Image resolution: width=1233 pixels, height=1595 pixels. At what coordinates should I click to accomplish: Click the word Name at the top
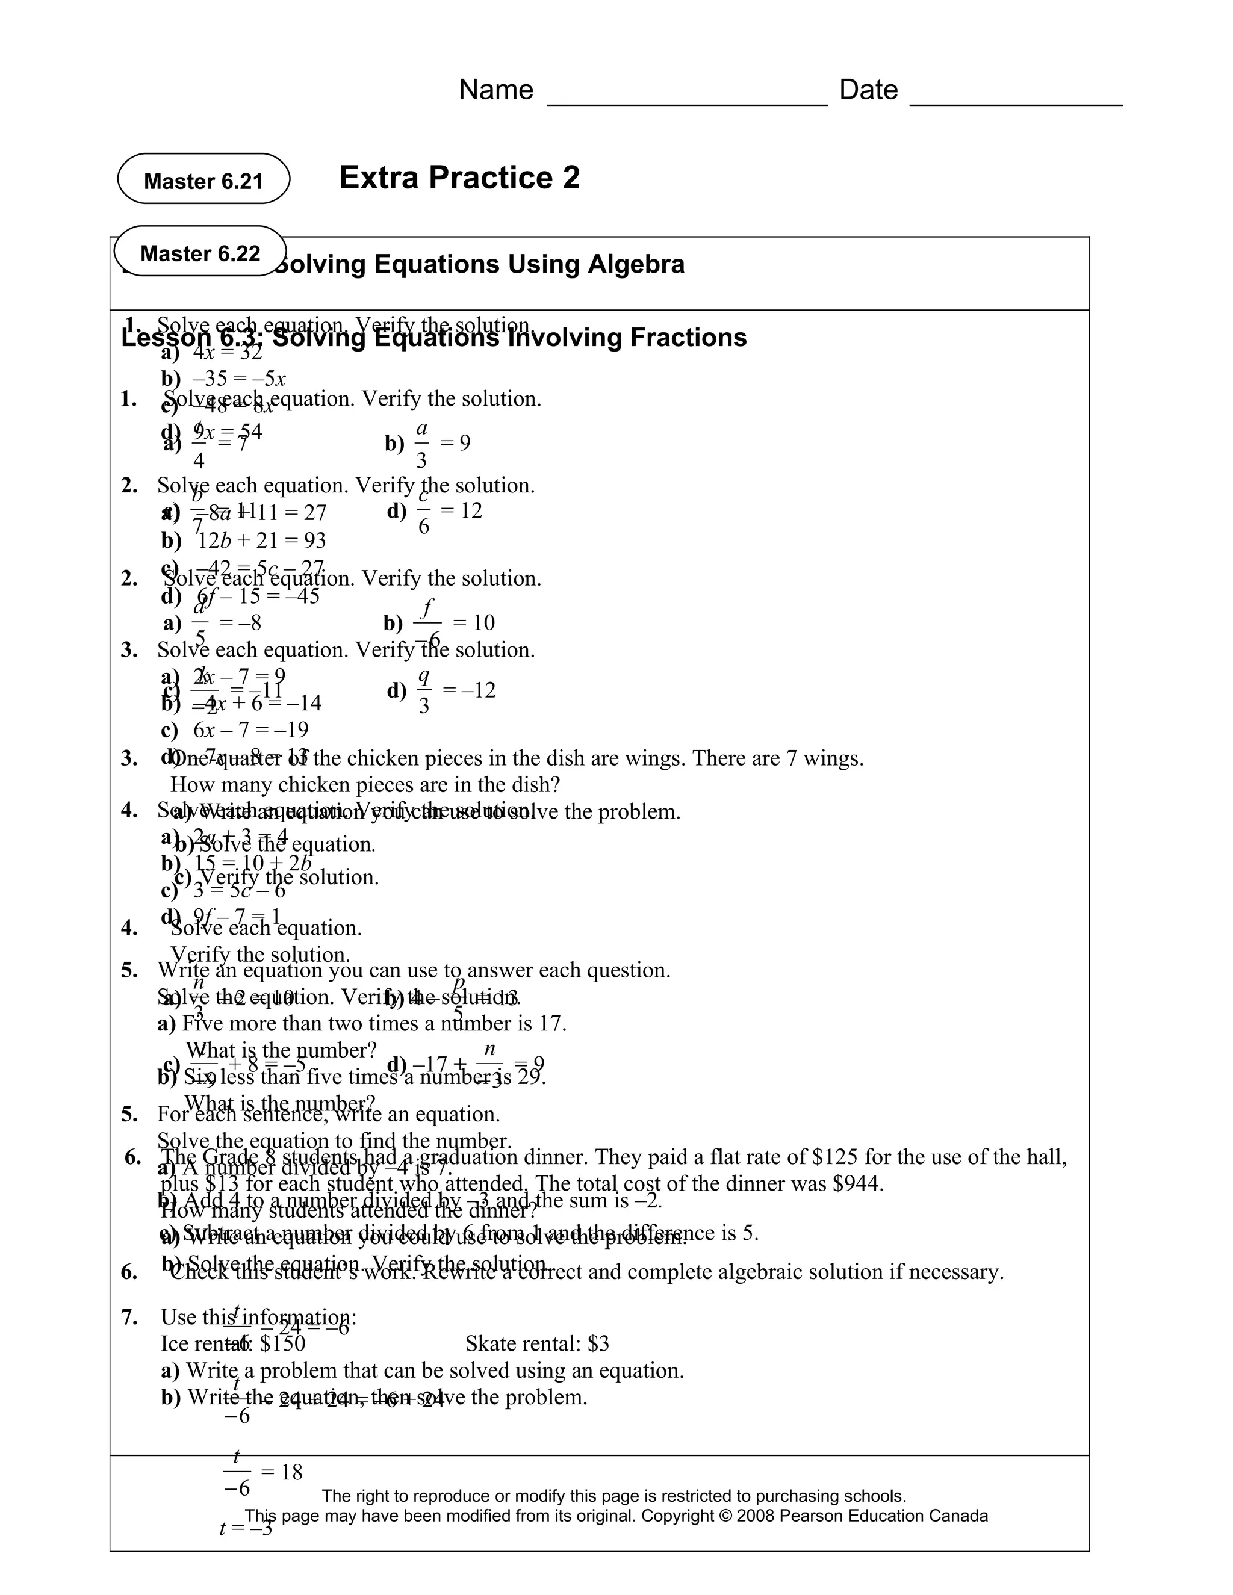pos(495,90)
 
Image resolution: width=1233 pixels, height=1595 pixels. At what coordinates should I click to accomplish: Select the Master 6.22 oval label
pos(199,253)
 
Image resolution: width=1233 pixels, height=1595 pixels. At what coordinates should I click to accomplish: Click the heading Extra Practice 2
pos(459,178)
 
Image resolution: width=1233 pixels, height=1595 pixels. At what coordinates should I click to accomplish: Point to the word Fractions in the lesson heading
pos(688,338)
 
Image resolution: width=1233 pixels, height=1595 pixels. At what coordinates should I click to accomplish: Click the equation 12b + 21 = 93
pos(261,541)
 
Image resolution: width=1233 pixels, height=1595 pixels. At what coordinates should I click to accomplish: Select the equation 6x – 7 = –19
pos(250,729)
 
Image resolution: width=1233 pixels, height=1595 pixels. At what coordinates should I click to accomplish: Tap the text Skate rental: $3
pos(537,1344)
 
